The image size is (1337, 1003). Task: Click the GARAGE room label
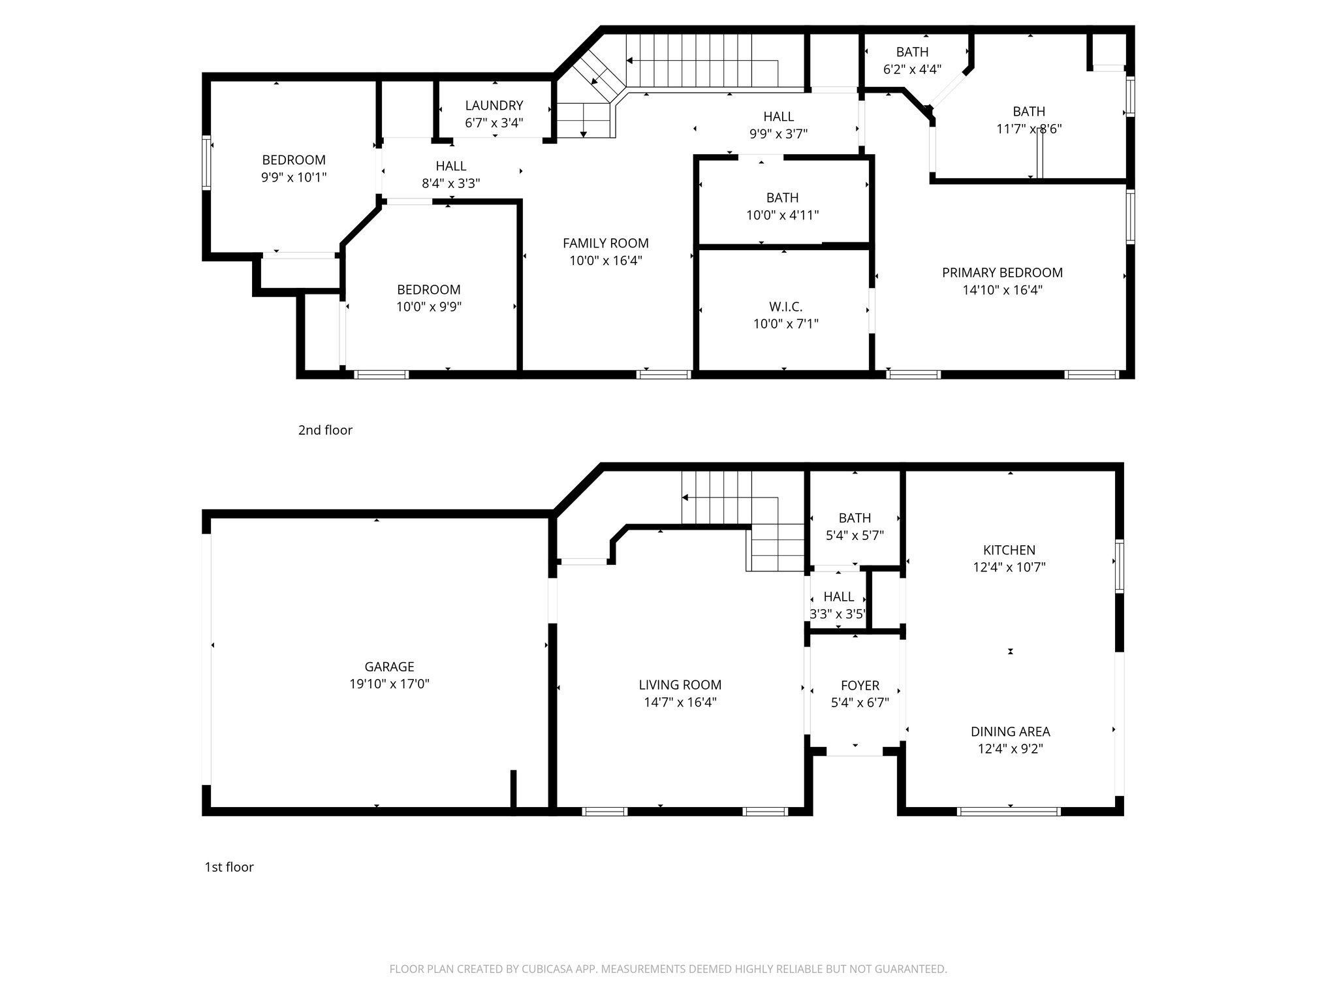click(x=389, y=667)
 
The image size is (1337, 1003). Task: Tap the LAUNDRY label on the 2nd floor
click(x=494, y=105)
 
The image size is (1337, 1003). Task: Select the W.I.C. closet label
click(x=785, y=306)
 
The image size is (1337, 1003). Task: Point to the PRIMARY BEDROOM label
click(x=1002, y=272)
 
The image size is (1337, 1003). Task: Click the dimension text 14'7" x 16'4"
click(x=680, y=703)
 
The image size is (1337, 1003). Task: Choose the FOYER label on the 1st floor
click(x=860, y=686)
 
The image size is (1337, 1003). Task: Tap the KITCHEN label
click(x=1009, y=550)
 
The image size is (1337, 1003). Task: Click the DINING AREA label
click(x=1010, y=731)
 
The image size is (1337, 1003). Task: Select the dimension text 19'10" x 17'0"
click(x=389, y=684)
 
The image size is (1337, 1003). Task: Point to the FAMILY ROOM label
click(x=606, y=243)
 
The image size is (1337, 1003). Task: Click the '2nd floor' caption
click(x=325, y=430)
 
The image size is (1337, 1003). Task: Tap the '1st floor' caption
click(x=229, y=867)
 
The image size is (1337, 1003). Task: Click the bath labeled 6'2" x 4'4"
click(x=912, y=69)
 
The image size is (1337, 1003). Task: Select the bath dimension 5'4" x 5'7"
click(x=855, y=535)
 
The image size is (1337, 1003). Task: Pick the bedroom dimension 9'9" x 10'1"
click(x=294, y=177)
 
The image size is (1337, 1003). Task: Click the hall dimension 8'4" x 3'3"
click(x=450, y=183)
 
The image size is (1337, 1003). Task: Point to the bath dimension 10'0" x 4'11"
click(x=782, y=215)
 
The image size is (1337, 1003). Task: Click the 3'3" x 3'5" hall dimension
click(x=838, y=614)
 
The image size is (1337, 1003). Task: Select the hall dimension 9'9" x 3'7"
click(x=778, y=134)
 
